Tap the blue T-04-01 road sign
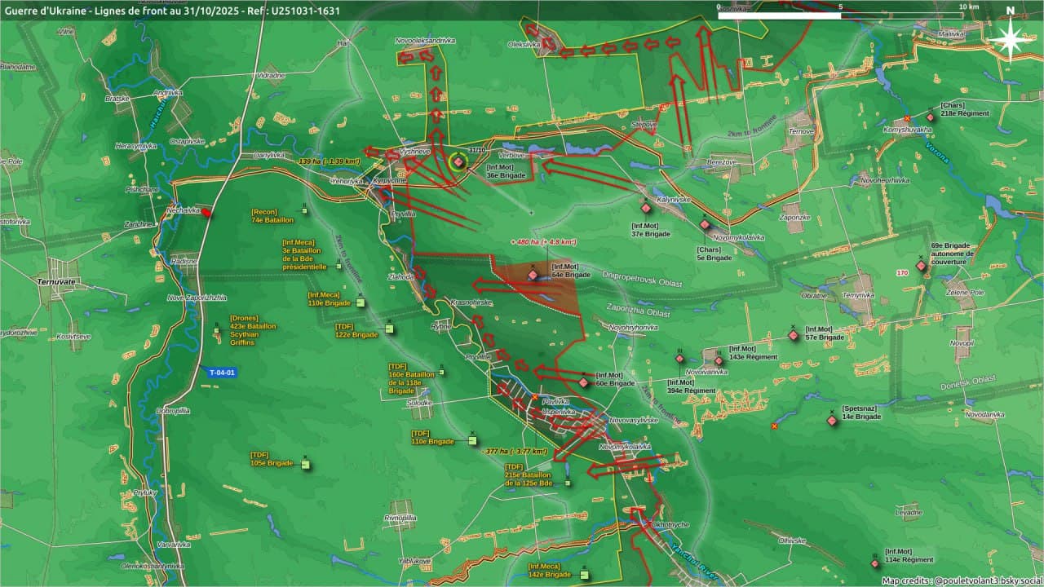pos(222,373)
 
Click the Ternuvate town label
pos(56,281)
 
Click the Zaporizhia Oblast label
pos(638,311)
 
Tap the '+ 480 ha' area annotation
pos(543,242)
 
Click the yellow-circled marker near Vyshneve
pos(458,161)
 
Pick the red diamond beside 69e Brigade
pos(921,266)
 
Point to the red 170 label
pos(901,272)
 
